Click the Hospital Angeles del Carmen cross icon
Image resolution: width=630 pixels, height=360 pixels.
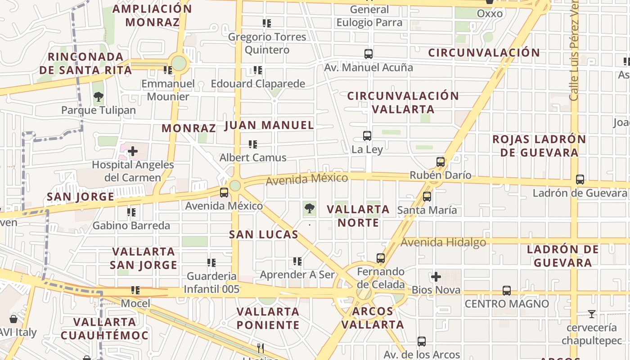[133, 151]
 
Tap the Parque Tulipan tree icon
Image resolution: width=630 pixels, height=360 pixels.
[98, 96]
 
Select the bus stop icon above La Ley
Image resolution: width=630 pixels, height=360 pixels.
[367, 135]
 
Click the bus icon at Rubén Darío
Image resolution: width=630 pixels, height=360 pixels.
[440, 162]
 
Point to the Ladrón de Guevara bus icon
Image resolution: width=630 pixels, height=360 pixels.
[580, 180]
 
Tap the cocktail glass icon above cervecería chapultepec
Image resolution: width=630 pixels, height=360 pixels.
[592, 314]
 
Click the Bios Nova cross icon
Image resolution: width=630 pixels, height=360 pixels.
[436, 277]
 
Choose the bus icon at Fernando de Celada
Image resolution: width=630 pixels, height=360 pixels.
[381, 258]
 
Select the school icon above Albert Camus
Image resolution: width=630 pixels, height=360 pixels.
[253, 144]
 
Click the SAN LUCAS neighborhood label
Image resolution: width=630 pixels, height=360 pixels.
[264, 234]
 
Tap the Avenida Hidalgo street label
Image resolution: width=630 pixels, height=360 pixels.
[443, 243]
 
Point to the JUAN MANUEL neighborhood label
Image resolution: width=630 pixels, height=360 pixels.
[269, 125]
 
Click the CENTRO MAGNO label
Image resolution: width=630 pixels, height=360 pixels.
[507, 304]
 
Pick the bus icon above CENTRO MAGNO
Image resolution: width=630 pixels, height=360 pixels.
[507, 291]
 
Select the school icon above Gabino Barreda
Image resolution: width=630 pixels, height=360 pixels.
[131, 212]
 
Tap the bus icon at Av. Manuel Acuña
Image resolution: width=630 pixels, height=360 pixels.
[369, 54]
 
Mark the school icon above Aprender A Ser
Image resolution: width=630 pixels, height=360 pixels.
[297, 261]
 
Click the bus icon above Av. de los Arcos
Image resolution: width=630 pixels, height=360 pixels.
[422, 342]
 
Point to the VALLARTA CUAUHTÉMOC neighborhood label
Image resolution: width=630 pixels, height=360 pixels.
[104, 328]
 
